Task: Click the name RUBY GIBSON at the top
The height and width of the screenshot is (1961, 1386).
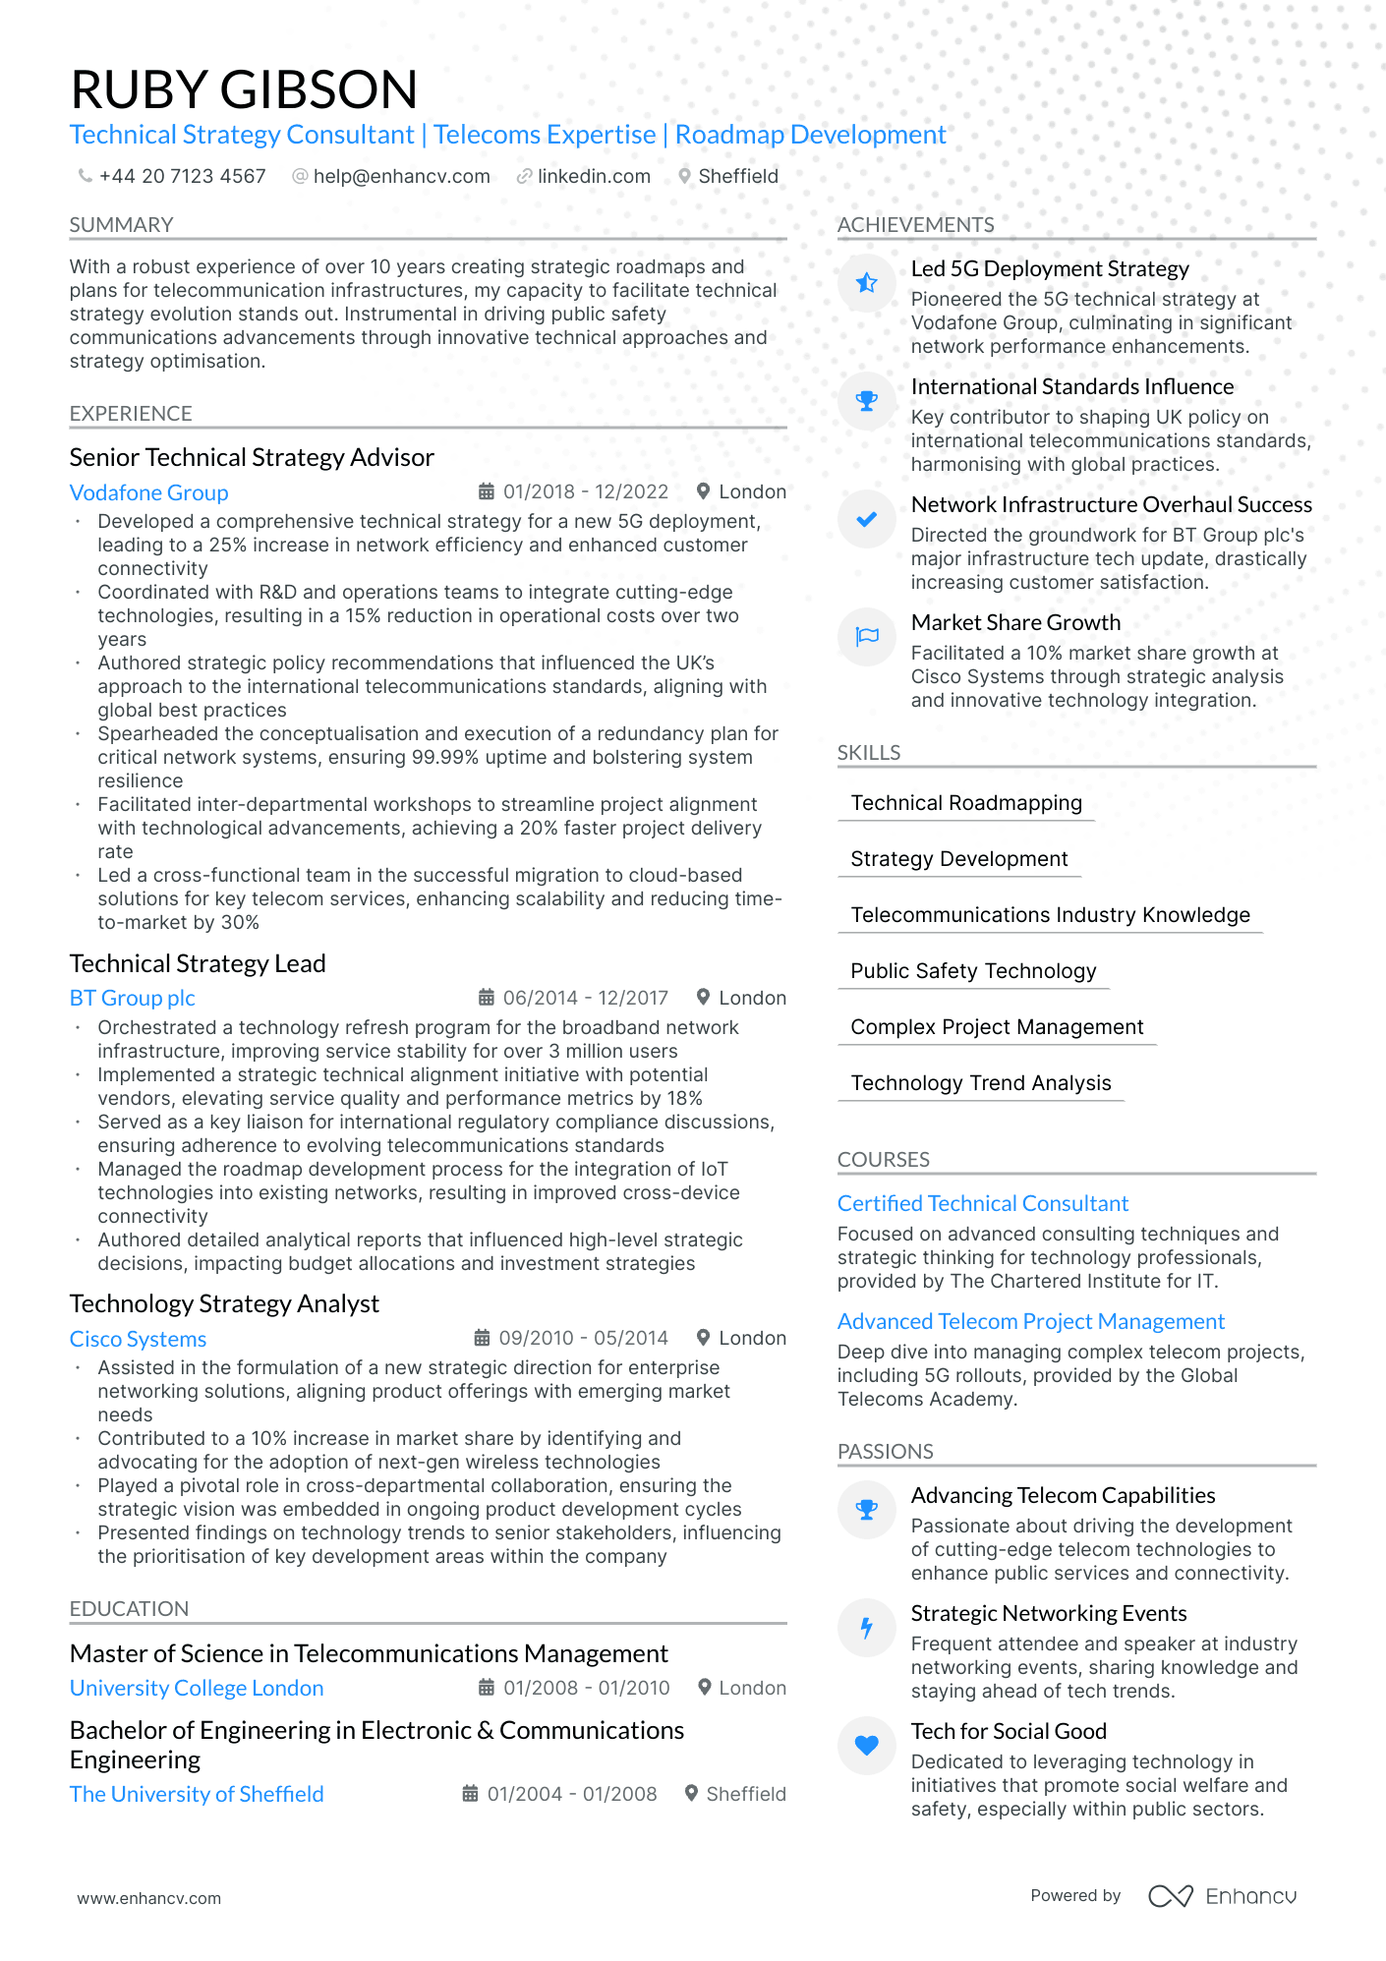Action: point(244,89)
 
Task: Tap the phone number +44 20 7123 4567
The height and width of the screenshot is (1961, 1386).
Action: point(182,176)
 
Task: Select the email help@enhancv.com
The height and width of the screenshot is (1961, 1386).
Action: point(401,176)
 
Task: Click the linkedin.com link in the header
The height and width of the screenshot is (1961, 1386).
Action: point(594,176)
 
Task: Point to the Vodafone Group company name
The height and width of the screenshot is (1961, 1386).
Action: point(148,492)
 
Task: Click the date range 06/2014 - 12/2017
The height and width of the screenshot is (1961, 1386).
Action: point(585,998)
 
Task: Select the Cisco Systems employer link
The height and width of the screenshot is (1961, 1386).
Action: point(138,1339)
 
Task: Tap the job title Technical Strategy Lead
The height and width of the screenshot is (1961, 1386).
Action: point(198,963)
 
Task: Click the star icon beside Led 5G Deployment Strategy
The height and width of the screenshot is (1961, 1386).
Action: point(866,283)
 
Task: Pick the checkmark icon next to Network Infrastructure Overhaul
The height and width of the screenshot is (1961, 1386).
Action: point(866,519)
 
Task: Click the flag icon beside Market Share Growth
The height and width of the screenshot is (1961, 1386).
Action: point(866,637)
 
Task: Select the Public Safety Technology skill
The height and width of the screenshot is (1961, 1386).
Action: point(973,971)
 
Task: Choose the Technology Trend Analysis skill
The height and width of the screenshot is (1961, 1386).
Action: point(981,1083)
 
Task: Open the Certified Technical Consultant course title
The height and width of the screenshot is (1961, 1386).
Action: point(983,1203)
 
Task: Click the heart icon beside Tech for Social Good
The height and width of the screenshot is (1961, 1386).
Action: point(866,1746)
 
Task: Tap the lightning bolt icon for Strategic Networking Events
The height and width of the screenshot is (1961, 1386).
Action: point(866,1628)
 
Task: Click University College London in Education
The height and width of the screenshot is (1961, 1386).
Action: point(197,1688)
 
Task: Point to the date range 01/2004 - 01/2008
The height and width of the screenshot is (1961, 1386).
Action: point(571,1794)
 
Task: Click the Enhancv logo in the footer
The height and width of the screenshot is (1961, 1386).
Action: point(1223,1896)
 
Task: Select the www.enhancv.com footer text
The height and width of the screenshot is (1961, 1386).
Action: point(149,1898)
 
